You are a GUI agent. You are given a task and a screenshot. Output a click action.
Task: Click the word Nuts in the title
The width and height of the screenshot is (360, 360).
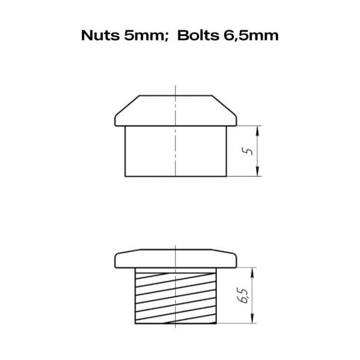[x=100, y=36]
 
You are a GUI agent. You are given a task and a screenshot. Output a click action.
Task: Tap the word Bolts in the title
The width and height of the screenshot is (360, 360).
[x=198, y=36]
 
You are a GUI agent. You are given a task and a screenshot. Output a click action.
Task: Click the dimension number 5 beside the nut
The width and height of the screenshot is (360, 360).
[x=247, y=151]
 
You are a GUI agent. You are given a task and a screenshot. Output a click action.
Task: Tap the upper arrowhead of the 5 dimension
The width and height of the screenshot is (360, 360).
[x=257, y=131]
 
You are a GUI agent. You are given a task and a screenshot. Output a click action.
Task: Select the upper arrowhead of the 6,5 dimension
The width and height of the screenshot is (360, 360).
[x=252, y=273]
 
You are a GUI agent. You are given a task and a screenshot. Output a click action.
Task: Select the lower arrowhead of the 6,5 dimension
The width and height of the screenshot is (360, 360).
[x=252, y=318]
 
